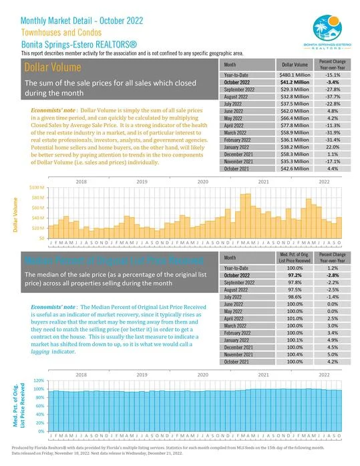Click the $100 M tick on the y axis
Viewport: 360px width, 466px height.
[37, 188]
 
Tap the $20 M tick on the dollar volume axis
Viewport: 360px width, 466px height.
[37, 228]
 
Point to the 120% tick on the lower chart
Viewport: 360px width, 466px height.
[38, 379]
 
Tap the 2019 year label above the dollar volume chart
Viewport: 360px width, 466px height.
[142, 182]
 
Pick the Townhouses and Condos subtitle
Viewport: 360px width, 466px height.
[60, 31]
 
